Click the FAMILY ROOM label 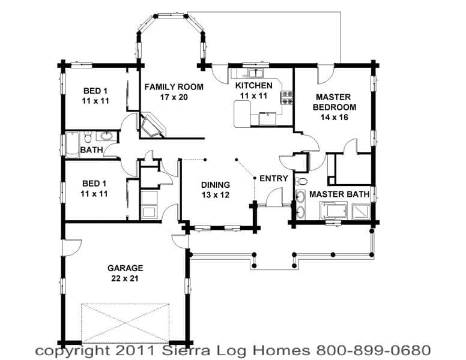[174, 87]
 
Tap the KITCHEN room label [254, 86]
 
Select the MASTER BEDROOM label [334, 102]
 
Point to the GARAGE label [126, 268]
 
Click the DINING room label [216, 185]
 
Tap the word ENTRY [274, 178]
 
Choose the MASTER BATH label [339, 194]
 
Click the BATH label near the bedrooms [91, 150]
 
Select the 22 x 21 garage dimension [125, 278]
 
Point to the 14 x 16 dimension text [334, 118]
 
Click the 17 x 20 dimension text [174, 97]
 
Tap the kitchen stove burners [287, 98]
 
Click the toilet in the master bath [302, 181]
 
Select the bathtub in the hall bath [72, 145]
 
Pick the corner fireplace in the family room [153, 125]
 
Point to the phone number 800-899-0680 [374, 350]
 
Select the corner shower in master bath [361, 211]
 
